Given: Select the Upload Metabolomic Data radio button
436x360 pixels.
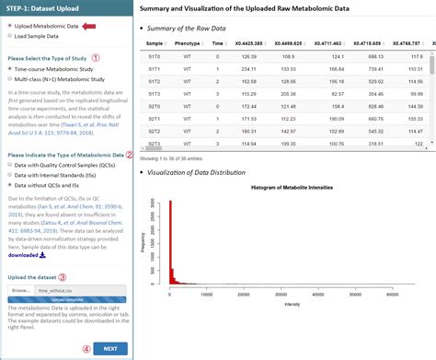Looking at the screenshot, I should click(x=10, y=27).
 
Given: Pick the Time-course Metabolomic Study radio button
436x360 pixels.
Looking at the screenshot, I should click(x=10, y=69).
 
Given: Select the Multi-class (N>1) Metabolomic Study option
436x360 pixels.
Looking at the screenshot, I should click(x=10, y=81).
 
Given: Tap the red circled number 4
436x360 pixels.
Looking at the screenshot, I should click(x=87, y=349).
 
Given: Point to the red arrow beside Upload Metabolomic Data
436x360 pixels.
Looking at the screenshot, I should click(x=90, y=27).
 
